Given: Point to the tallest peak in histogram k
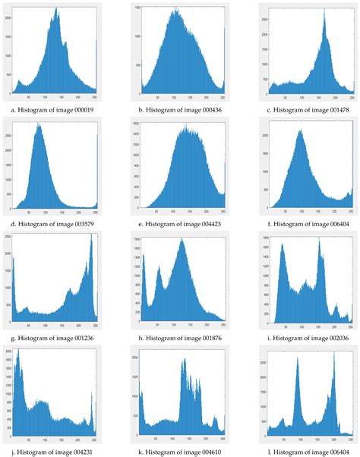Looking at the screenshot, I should click(x=185, y=360).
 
